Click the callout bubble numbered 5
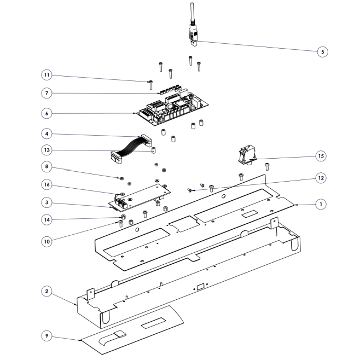point(323,51)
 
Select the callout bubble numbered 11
point(47,75)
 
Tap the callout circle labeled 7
point(47,93)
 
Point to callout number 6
point(47,113)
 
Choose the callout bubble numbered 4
point(47,133)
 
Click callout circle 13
point(47,150)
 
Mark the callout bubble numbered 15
point(321,156)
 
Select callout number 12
point(321,178)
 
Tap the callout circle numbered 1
point(321,204)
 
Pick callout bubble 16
point(47,184)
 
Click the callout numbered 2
point(47,292)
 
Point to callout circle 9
point(47,336)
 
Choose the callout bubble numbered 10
point(47,241)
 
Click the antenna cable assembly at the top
point(193,25)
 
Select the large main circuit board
point(173,107)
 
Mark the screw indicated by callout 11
point(150,85)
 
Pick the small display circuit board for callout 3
point(140,197)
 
